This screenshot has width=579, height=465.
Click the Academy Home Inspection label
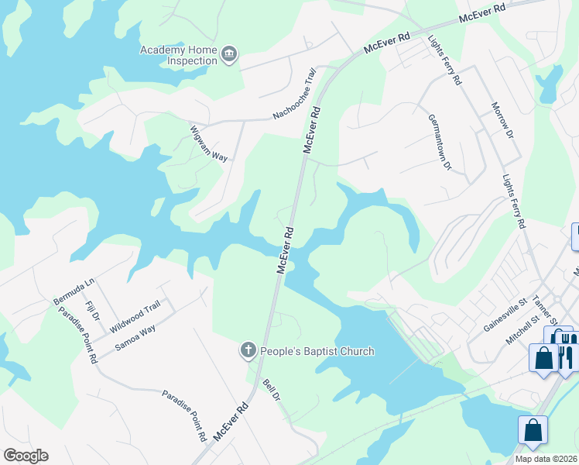(178, 55)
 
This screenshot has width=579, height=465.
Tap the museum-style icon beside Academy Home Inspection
(229, 55)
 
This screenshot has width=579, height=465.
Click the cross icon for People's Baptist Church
(248, 351)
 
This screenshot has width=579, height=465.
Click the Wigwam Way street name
(209, 143)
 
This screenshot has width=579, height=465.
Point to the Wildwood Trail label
(135, 315)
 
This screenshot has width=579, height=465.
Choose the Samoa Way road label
(135, 336)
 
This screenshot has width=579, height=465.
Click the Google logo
(26, 456)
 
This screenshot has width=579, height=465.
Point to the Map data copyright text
(546, 459)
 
